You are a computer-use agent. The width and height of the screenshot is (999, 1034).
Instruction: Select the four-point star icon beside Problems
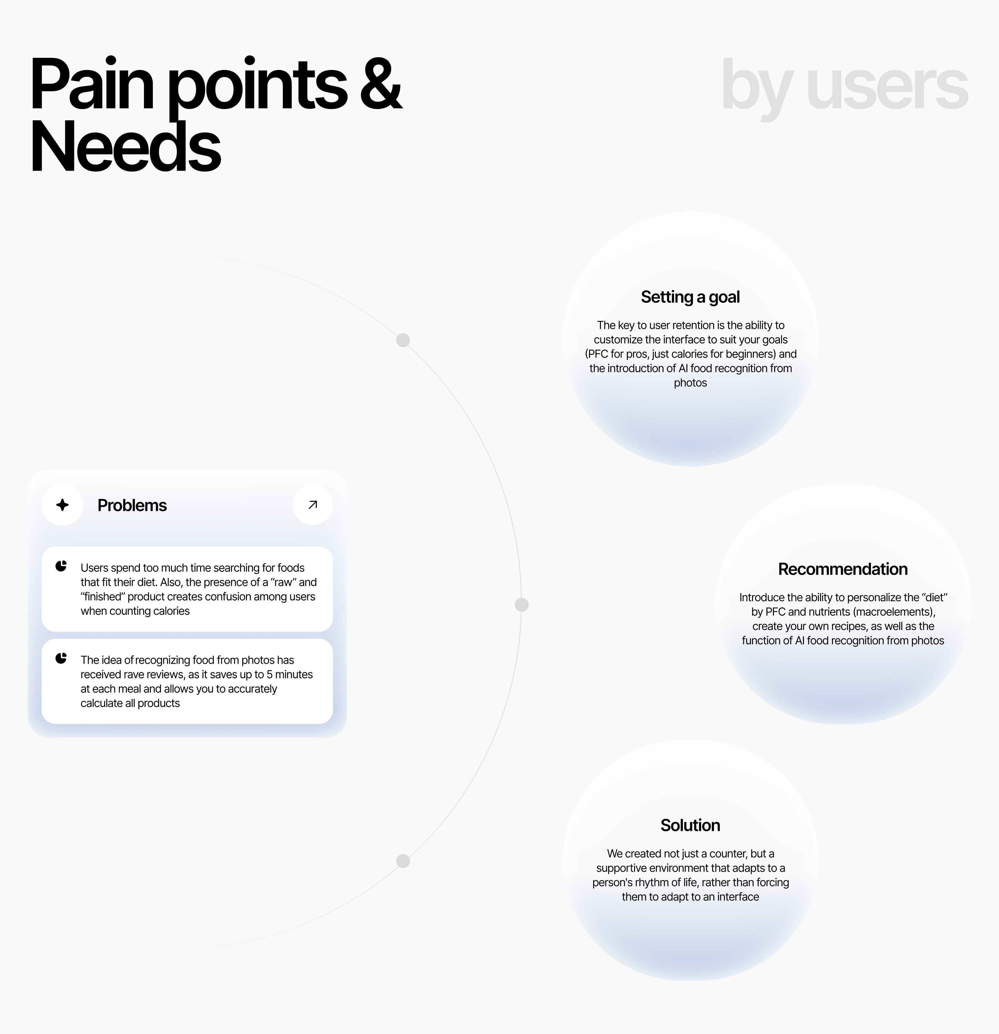(62, 505)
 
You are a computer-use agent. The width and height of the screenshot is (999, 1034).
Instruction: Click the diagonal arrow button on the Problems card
(312, 505)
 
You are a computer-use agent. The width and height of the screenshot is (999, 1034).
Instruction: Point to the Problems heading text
(132, 505)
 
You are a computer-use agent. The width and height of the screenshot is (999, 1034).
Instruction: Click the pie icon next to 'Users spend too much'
(61, 566)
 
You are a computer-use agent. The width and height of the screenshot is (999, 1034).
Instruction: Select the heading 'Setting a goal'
(690, 297)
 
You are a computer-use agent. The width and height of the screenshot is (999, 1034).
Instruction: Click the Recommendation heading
(842, 569)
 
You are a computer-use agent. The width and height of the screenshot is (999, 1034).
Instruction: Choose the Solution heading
(690, 825)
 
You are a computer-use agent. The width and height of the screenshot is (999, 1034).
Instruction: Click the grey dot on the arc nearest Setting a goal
(403, 340)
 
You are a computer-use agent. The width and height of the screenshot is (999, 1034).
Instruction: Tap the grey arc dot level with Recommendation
(521, 605)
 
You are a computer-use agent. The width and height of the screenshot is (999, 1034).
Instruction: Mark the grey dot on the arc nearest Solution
(403, 861)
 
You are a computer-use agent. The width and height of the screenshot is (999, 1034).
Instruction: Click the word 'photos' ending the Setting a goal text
(690, 383)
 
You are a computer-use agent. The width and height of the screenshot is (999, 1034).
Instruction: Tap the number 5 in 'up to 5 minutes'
(269, 675)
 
